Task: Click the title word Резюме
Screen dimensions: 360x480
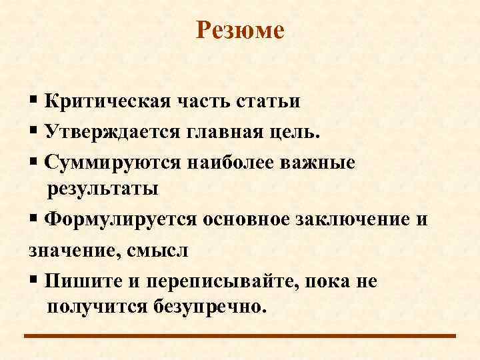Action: pyautogui.click(x=240, y=31)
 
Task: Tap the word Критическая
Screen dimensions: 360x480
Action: pyautogui.click(x=109, y=102)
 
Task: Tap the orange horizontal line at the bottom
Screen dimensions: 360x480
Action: pyautogui.click(x=240, y=336)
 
